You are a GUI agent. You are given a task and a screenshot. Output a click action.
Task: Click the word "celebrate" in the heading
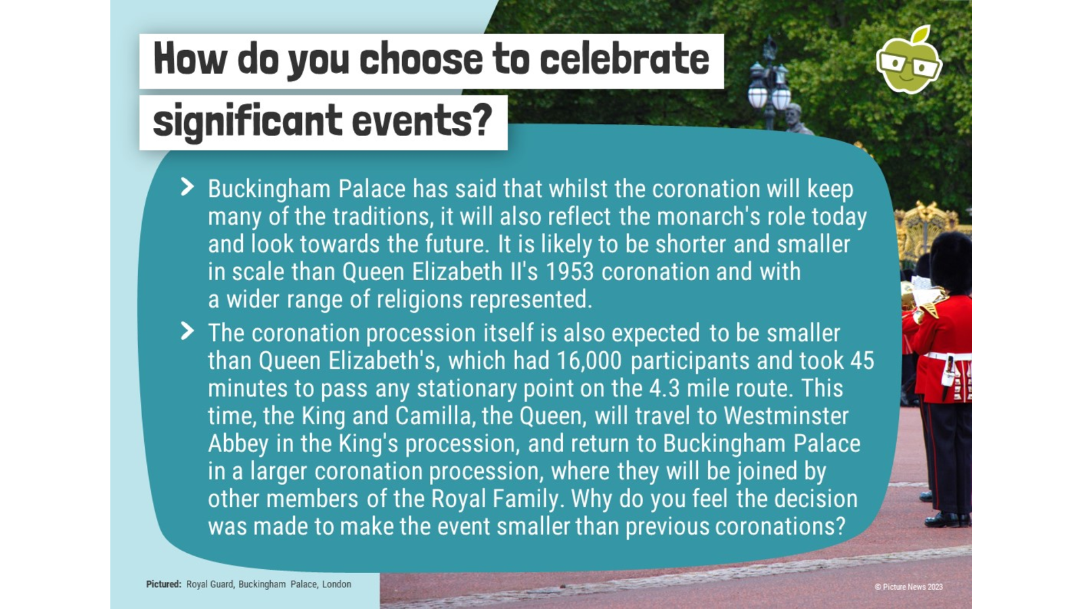pos(624,59)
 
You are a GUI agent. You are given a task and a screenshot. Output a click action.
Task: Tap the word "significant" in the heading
pos(247,122)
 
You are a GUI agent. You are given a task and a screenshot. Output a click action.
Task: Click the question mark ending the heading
pos(481,119)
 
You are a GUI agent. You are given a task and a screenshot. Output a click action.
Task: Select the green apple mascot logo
pos(908,60)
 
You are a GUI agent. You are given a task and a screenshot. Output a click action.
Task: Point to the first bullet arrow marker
pos(187,187)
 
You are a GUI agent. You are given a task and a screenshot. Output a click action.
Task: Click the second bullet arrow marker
pos(187,331)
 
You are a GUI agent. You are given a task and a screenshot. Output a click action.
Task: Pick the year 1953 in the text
pos(569,271)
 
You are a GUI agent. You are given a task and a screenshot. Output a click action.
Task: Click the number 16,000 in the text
pos(588,361)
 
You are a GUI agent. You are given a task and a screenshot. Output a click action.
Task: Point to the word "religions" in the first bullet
pos(420,300)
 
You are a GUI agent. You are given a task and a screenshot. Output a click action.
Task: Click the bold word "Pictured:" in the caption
pos(163,584)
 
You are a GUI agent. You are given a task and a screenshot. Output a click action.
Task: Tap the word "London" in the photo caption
pos(336,584)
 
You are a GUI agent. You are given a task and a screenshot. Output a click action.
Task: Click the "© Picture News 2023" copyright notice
pos(908,587)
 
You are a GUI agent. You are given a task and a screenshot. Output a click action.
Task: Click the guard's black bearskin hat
pos(950,263)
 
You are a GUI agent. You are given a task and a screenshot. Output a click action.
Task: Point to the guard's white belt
pos(947,357)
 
